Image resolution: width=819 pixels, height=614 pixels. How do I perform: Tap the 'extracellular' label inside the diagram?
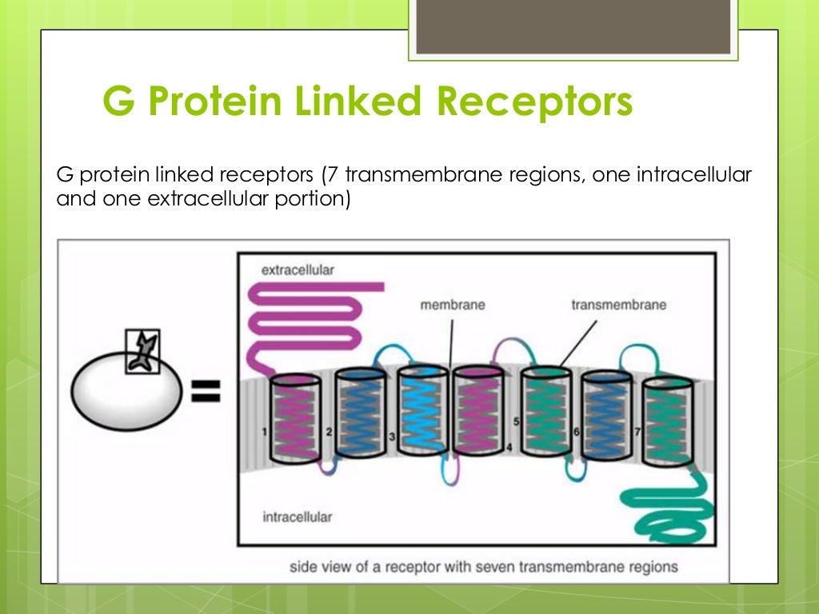tap(298, 270)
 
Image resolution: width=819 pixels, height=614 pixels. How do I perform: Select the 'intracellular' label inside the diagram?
tap(297, 516)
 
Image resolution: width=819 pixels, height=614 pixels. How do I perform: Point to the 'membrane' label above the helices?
tap(453, 305)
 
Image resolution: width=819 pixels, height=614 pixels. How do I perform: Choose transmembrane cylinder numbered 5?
tap(545, 413)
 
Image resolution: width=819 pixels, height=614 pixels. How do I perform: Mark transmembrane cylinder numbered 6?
tap(606, 416)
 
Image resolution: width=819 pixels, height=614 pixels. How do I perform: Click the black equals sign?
tap(205, 391)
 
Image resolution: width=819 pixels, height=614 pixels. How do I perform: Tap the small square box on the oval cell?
tap(142, 352)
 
